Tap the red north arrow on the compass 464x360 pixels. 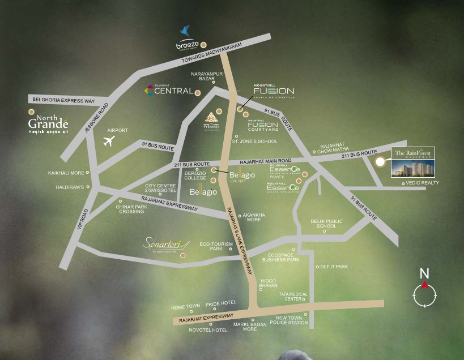424,285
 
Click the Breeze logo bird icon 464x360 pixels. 185,32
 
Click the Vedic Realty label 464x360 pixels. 423,183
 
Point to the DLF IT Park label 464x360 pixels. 334,266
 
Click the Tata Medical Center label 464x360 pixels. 293,297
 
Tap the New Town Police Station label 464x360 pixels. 292,320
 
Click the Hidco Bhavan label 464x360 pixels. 269,283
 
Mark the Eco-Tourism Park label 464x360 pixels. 208,246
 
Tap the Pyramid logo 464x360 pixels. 211,120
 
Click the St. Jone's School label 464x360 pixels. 259,142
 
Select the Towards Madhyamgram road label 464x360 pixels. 212,54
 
